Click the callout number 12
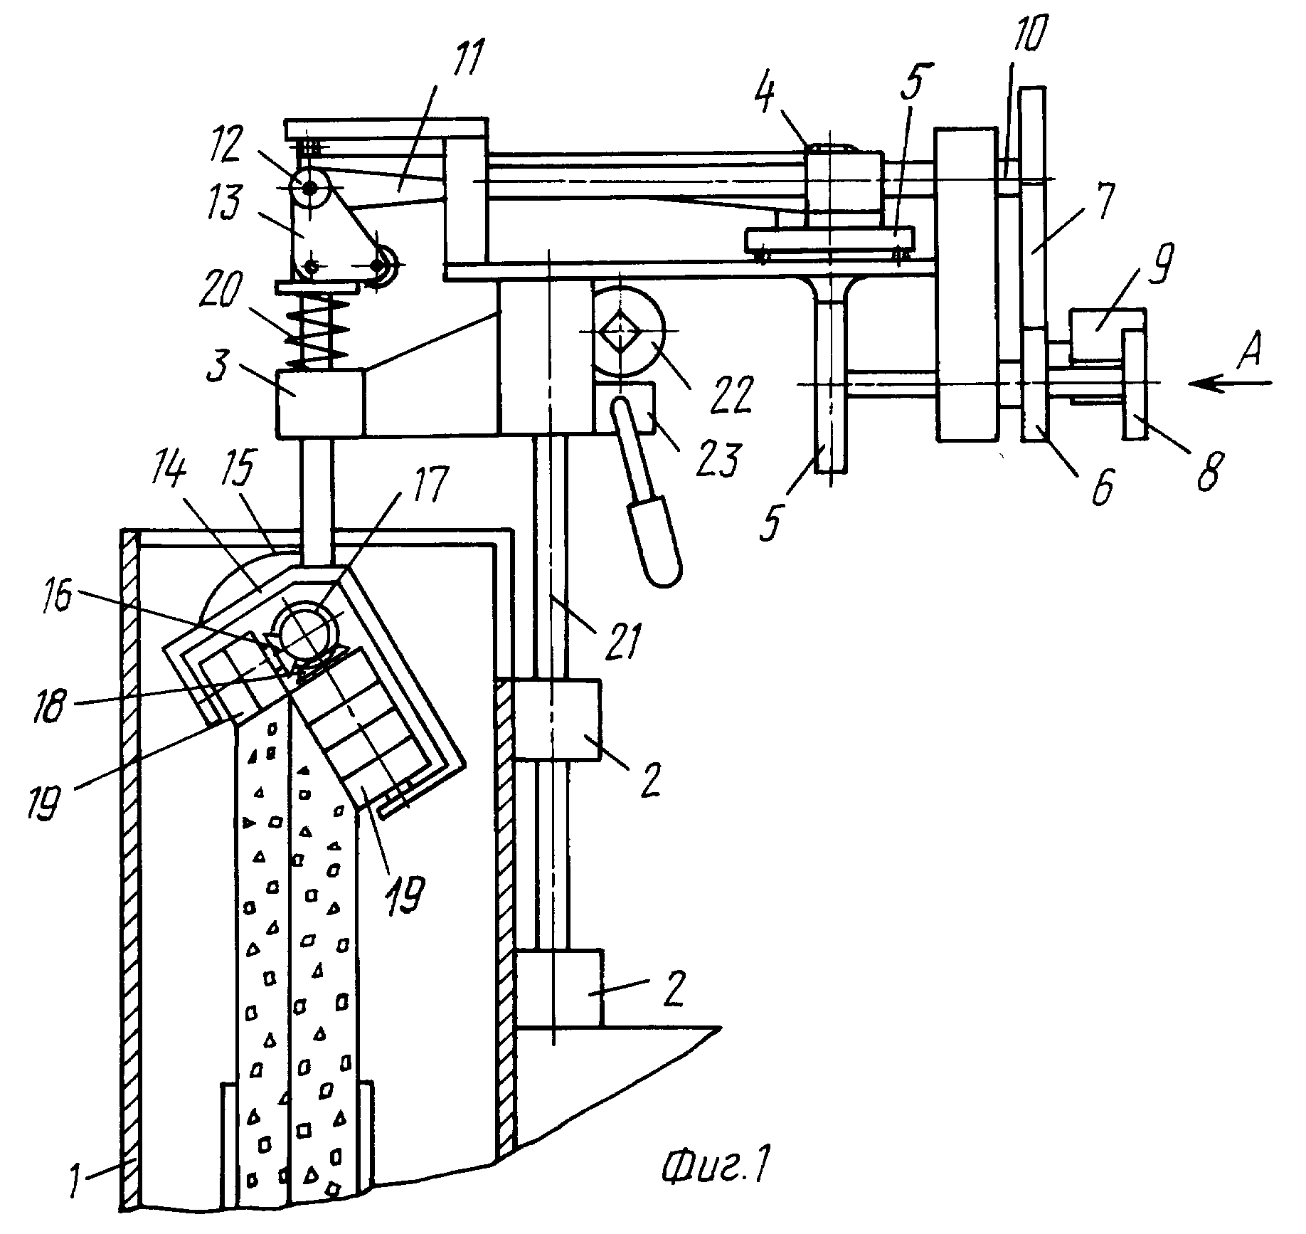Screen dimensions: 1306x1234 click(260, 144)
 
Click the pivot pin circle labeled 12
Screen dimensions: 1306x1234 click(310, 189)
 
